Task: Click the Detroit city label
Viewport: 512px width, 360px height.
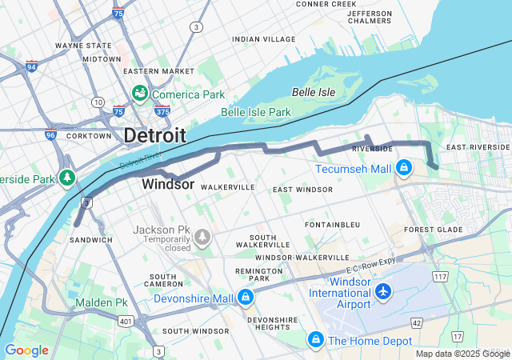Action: point(154,135)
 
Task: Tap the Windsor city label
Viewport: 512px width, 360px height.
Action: point(168,184)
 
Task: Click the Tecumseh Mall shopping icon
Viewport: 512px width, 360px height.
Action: point(405,169)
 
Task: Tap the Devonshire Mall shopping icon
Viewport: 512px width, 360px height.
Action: point(245,298)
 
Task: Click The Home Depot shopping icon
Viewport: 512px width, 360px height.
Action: point(316,341)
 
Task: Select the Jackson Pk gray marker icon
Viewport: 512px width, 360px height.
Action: point(202,237)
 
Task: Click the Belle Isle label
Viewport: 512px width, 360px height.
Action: point(314,92)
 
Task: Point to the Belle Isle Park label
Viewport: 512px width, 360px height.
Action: point(256,113)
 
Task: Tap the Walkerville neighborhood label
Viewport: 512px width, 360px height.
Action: point(228,187)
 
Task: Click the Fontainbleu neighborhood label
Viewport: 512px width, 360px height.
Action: point(330,225)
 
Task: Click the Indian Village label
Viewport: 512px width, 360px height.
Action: point(263,38)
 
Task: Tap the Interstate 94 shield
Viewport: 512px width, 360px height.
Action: point(31,66)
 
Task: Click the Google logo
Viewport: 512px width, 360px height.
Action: point(26,350)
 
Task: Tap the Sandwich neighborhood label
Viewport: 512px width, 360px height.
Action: point(91,240)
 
